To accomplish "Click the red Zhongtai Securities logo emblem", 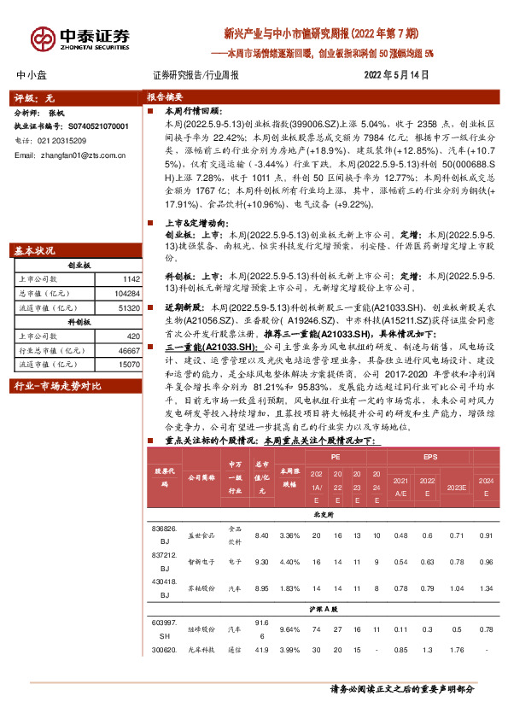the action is coord(42,38).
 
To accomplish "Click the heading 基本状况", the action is coord(35,251).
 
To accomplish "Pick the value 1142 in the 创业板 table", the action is coord(131,279).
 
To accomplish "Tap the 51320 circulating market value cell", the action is coord(128,307).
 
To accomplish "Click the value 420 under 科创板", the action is coord(132,336).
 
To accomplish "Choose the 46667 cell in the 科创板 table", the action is coord(128,350).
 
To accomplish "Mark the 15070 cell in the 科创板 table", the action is coord(128,364).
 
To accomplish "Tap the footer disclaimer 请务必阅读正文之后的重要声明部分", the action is coord(402,688).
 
